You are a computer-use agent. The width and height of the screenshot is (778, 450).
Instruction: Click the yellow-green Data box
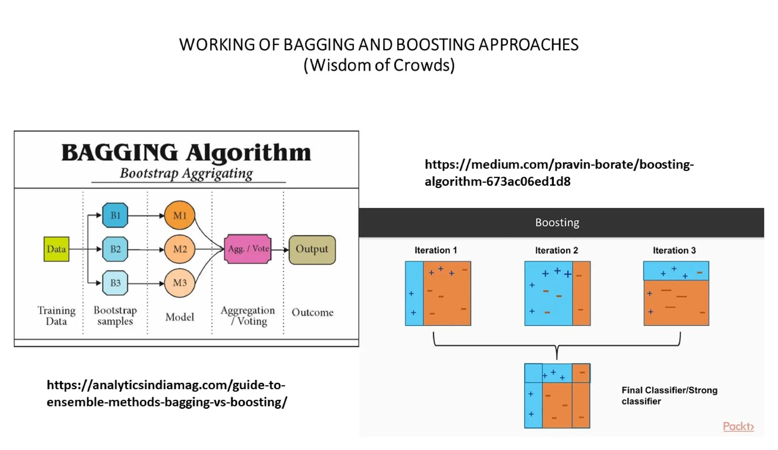pyautogui.click(x=56, y=249)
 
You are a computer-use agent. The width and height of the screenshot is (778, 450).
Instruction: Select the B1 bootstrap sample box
pyautogui.click(x=115, y=215)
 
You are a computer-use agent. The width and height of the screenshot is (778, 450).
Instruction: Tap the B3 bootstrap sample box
pyautogui.click(x=115, y=283)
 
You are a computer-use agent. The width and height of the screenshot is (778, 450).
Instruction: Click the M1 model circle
pyautogui.click(x=180, y=215)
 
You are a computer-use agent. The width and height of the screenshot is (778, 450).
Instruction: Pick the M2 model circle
pyautogui.click(x=180, y=249)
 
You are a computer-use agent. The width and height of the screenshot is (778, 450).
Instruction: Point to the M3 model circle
pyautogui.click(x=180, y=283)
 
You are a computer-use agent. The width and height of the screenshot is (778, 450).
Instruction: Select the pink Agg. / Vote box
pyautogui.click(x=248, y=249)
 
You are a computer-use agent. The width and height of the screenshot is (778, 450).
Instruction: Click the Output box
pyautogui.click(x=312, y=249)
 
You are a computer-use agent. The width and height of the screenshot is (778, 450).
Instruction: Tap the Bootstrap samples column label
pyautogui.click(x=115, y=315)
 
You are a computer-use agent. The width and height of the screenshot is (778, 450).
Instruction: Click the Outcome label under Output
pyautogui.click(x=312, y=312)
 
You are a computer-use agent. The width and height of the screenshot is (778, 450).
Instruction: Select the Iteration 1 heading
pyautogui.click(x=435, y=250)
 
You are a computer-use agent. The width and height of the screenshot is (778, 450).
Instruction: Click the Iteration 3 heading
pyautogui.click(x=674, y=250)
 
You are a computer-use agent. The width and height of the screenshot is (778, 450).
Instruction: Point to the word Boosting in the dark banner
pyautogui.click(x=557, y=222)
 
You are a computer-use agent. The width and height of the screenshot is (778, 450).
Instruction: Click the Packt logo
pyautogui.click(x=738, y=426)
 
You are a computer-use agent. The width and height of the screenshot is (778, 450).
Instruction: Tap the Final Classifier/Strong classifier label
pyautogui.click(x=669, y=395)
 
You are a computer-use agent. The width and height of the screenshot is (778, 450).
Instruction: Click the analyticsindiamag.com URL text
pyautogui.click(x=166, y=393)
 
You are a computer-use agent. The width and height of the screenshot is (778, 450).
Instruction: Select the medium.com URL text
pyautogui.click(x=558, y=173)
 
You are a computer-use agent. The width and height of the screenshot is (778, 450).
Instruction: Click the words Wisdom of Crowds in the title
pyautogui.click(x=379, y=65)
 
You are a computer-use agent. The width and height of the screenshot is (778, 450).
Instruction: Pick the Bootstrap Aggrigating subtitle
pyautogui.click(x=186, y=173)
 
